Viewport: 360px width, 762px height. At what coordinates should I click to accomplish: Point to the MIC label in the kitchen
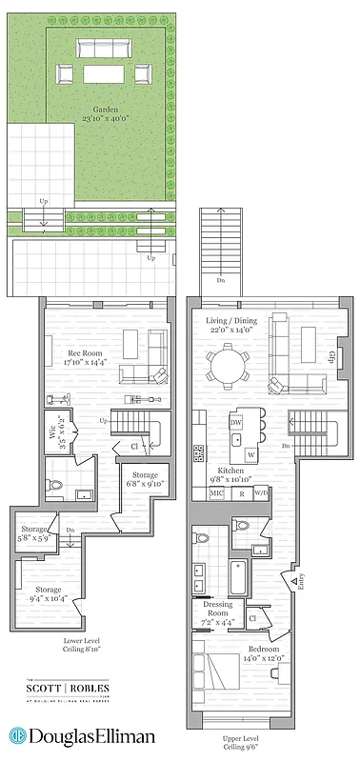click(216, 494)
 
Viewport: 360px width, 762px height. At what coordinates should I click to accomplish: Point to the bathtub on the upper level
click(237, 576)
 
